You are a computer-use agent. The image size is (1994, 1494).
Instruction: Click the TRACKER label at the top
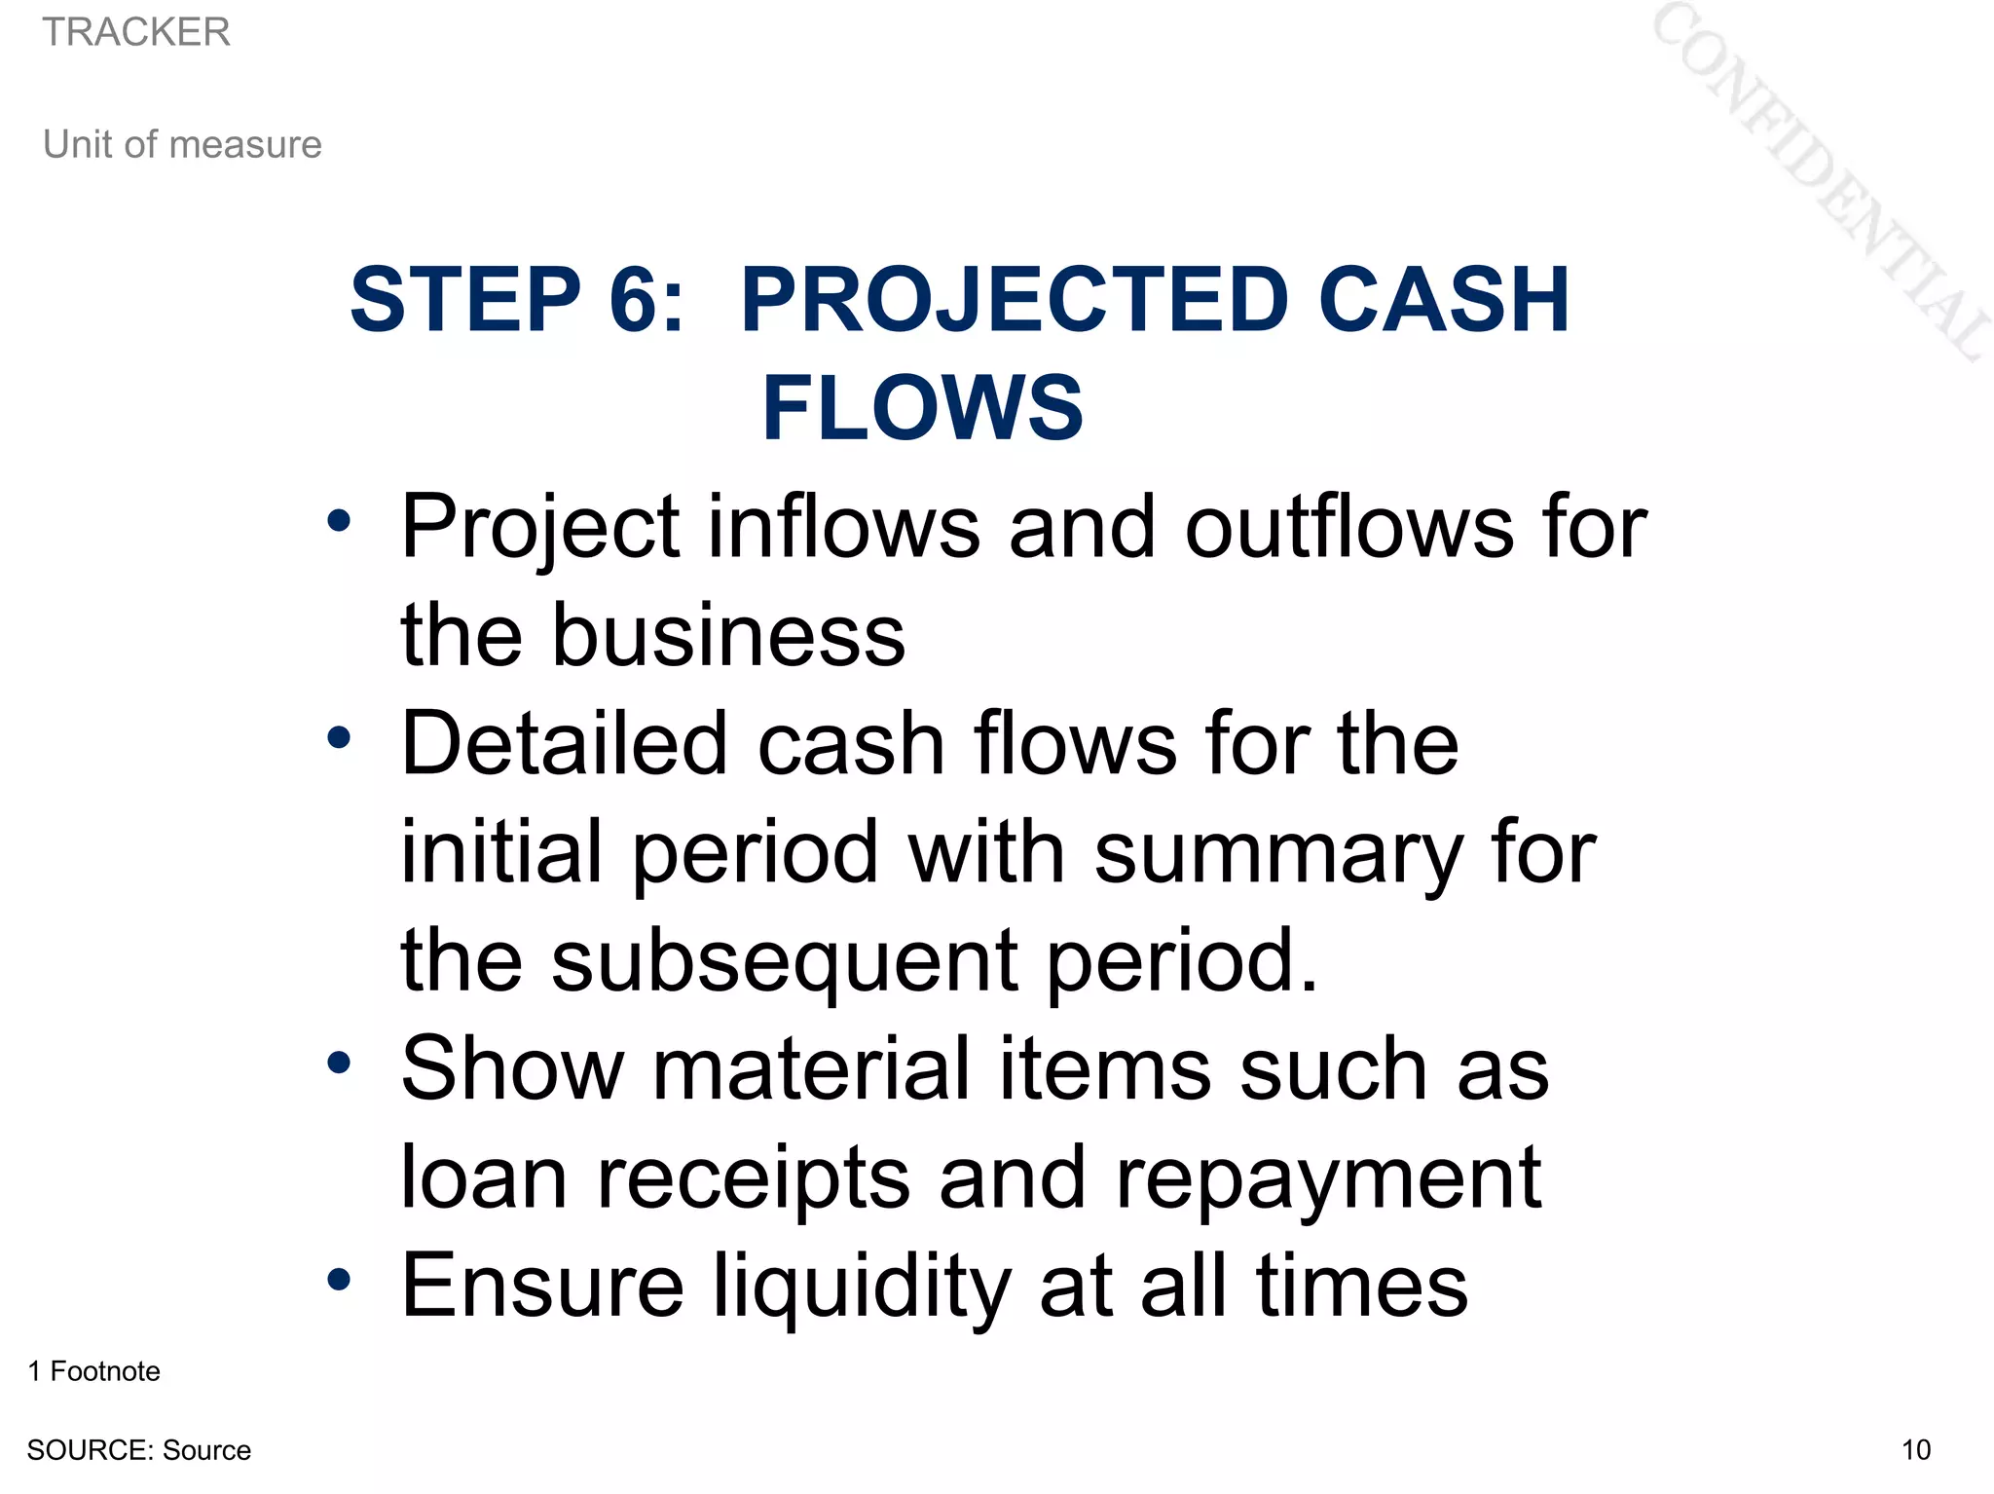click(136, 32)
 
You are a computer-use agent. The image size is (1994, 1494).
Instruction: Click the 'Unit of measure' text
click(182, 144)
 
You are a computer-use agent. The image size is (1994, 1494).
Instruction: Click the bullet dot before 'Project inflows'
click(338, 521)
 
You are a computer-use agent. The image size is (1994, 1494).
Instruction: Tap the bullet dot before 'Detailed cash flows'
click(338, 737)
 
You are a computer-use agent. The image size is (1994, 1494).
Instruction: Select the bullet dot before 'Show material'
click(338, 1063)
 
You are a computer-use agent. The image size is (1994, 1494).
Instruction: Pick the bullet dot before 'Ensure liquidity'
click(338, 1279)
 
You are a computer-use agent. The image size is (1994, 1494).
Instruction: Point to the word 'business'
click(728, 635)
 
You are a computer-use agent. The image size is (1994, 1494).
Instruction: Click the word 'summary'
click(1277, 852)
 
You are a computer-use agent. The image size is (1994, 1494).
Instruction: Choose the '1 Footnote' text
click(94, 1371)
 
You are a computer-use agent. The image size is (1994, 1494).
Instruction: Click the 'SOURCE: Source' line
click(139, 1450)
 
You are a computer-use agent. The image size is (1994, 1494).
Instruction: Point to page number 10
click(1915, 1450)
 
